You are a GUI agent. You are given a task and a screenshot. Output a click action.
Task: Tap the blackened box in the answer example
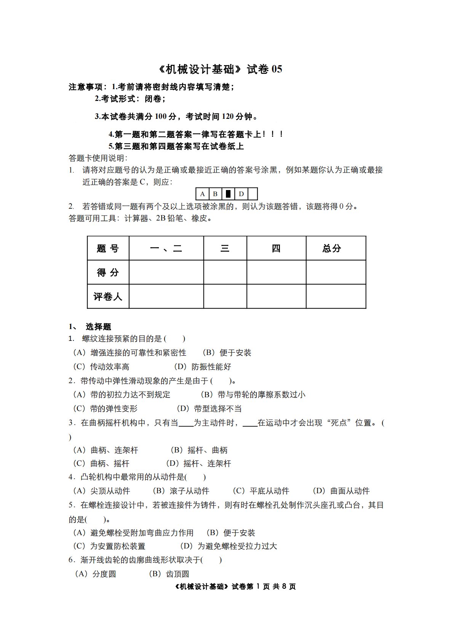point(228,194)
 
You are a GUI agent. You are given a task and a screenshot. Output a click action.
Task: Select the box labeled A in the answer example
point(202,194)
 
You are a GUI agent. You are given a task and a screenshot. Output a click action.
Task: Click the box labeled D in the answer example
point(241,194)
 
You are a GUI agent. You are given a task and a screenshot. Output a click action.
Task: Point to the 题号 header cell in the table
point(108,248)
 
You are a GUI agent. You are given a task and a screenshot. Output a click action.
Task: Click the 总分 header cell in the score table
point(331,248)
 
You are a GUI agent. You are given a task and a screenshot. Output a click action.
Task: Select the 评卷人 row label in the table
point(108,296)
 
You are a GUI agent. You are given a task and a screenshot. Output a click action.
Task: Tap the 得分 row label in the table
point(108,272)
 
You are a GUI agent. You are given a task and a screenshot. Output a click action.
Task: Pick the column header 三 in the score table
point(225,248)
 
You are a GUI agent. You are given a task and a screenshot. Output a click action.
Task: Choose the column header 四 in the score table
point(276,248)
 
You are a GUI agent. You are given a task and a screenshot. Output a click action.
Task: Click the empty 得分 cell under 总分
point(336,272)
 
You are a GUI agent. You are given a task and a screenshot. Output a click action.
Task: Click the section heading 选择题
point(98,327)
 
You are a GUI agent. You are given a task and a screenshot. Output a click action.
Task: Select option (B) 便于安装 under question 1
point(227,353)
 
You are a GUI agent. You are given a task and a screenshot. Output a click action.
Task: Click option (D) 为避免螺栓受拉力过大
point(229,546)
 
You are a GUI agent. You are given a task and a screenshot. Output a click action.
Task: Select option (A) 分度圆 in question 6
point(95,574)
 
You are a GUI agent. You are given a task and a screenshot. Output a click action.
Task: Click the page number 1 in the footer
point(258,587)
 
